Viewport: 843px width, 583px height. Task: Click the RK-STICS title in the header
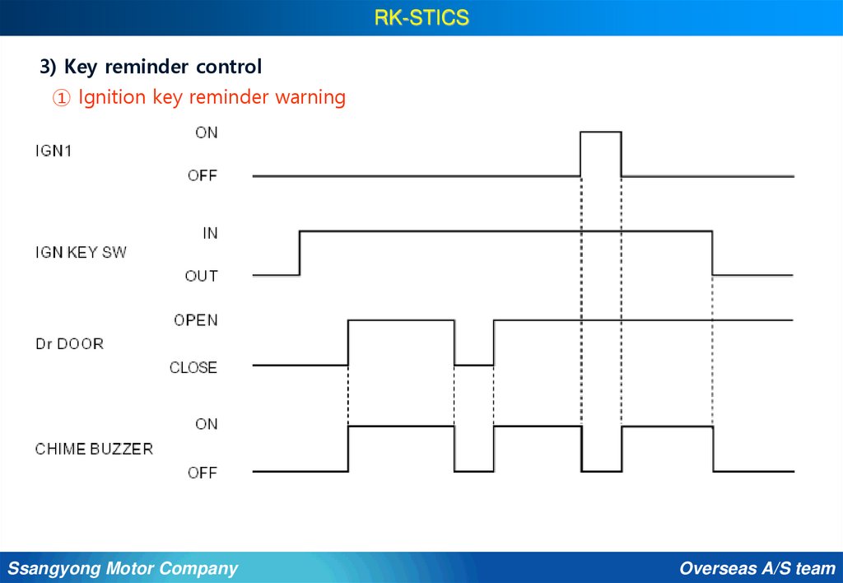pyautogui.click(x=421, y=17)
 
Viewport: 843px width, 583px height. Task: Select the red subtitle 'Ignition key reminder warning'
pyautogui.click(x=212, y=97)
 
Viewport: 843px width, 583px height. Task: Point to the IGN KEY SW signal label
pyautogui.click(x=81, y=252)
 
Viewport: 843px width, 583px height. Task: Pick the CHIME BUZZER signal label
pyautogui.click(x=94, y=449)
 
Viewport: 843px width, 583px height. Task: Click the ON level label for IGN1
pyautogui.click(x=206, y=132)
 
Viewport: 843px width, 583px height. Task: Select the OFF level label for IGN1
pyautogui.click(x=202, y=175)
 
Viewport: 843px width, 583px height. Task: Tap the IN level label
pyautogui.click(x=210, y=233)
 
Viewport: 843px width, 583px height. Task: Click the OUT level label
pyautogui.click(x=201, y=276)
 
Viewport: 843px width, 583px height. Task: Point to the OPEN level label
pyautogui.click(x=195, y=319)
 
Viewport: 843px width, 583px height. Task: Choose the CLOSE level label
pyautogui.click(x=193, y=367)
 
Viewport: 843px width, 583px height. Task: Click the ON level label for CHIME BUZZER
pyautogui.click(x=206, y=424)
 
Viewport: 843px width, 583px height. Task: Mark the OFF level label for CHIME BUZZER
pyautogui.click(x=202, y=473)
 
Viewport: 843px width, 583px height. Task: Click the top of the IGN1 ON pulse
pyautogui.click(x=601, y=132)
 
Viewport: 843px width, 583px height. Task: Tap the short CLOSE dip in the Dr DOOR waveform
pyautogui.click(x=473, y=364)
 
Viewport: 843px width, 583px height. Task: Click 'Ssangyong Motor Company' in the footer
pyautogui.click(x=123, y=568)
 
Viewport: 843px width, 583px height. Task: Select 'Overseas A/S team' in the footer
pyautogui.click(x=757, y=568)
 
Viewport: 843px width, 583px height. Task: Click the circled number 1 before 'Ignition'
pyautogui.click(x=61, y=98)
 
